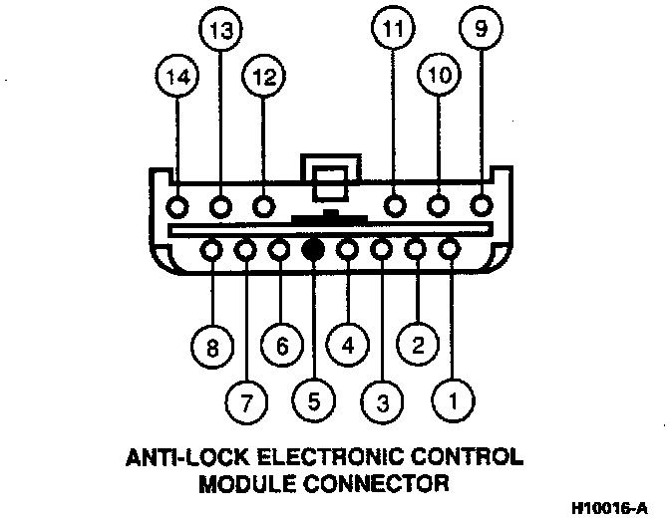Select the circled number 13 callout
coord(220,32)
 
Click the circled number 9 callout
coord(482,31)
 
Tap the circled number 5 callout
coord(312,402)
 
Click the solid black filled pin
coord(313,249)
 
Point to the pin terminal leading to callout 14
coord(179,207)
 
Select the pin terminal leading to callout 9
coord(482,207)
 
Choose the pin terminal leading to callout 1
coord(449,249)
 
